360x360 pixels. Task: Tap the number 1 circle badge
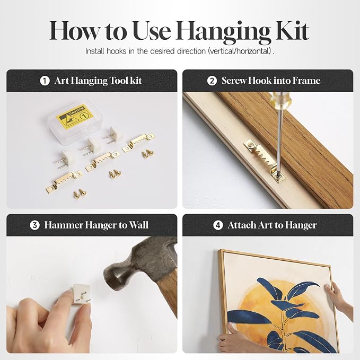[45, 81]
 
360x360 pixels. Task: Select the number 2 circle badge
[212, 81]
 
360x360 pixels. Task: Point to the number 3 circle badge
[34, 225]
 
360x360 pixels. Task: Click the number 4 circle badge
[218, 225]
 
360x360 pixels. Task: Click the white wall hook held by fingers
[81, 294]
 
